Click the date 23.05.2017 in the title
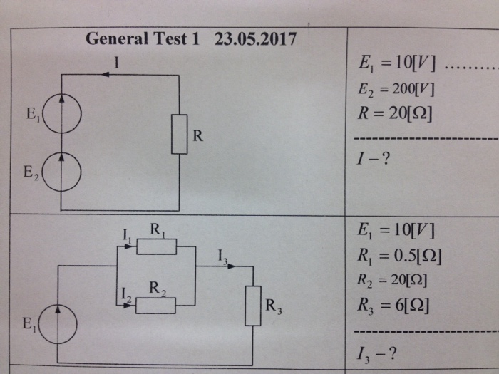click(255, 39)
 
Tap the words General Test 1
click(142, 39)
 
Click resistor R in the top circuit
click(179, 134)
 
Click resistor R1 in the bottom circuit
click(156, 246)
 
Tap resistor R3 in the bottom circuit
click(253, 306)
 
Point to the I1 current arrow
click(128, 246)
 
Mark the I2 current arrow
click(128, 305)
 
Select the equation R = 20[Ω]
click(397, 113)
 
